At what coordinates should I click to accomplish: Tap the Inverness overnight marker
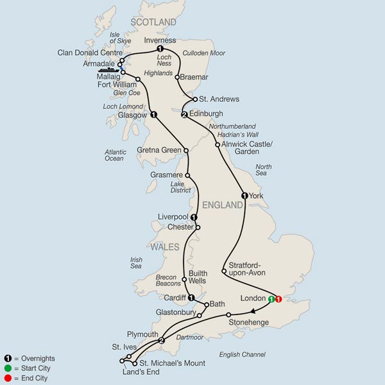click(x=160, y=49)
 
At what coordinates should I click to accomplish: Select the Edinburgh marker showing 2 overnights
click(x=184, y=115)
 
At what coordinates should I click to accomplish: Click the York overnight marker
click(x=244, y=195)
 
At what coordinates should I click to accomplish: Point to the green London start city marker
click(x=271, y=299)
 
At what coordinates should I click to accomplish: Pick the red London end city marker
click(x=279, y=299)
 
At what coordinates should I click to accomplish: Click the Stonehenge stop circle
click(x=228, y=314)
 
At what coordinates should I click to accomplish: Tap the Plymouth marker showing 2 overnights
click(x=162, y=341)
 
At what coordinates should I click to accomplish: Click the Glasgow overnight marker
click(x=153, y=115)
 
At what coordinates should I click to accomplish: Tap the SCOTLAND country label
click(x=153, y=22)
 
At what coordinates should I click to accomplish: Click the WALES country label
click(x=160, y=246)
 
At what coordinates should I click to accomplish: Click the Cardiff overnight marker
click(x=191, y=297)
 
